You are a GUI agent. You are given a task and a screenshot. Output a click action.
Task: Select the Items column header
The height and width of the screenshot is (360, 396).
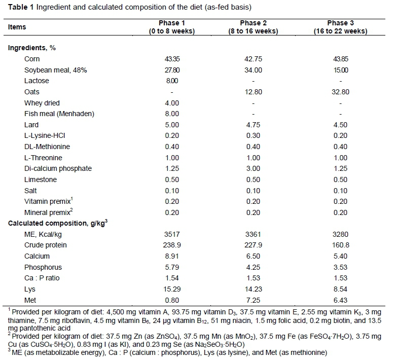click(17, 27)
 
